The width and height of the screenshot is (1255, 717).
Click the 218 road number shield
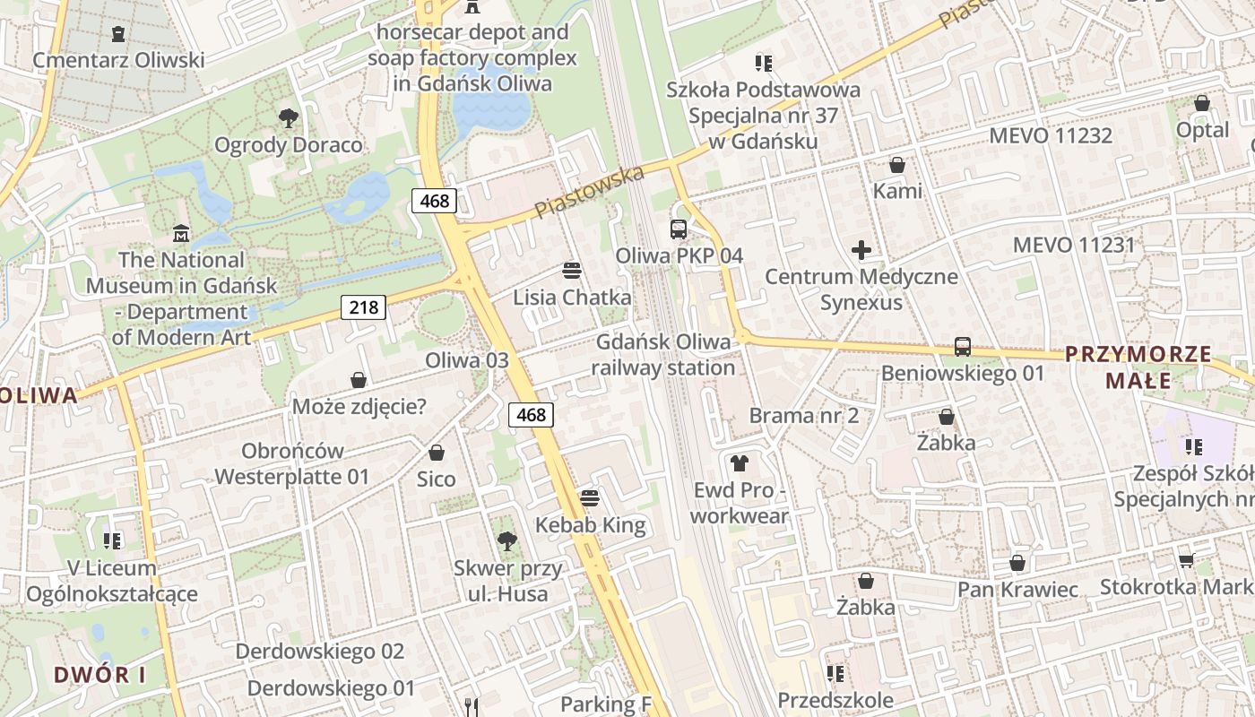(x=363, y=307)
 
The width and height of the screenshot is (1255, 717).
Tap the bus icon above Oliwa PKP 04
(x=679, y=229)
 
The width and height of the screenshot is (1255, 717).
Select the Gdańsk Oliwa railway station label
(x=663, y=355)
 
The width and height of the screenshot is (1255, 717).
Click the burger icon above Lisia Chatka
(x=572, y=270)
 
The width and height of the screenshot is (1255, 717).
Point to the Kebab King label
(x=590, y=525)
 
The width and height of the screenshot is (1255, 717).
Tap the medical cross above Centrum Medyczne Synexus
(x=861, y=249)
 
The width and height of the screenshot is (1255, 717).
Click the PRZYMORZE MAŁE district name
(x=1138, y=367)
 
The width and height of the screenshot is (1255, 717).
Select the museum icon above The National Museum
(x=182, y=233)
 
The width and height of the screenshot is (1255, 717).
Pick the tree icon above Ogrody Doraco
(x=288, y=117)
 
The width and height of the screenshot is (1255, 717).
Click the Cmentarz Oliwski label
(x=118, y=60)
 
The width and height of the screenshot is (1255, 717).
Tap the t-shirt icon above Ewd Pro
(x=739, y=463)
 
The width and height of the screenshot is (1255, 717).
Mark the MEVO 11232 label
(x=1050, y=135)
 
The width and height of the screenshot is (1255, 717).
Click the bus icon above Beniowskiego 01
(x=963, y=346)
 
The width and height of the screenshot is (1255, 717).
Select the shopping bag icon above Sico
(x=437, y=453)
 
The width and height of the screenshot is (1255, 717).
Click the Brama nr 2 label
(x=804, y=415)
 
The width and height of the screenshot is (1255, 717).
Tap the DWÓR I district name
(x=99, y=675)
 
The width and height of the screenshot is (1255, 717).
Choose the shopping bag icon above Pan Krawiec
(x=1017, y=563)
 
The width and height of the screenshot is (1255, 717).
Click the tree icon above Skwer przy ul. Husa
(x=506, y=540)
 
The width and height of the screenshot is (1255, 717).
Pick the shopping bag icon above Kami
(x=896, y=165)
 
